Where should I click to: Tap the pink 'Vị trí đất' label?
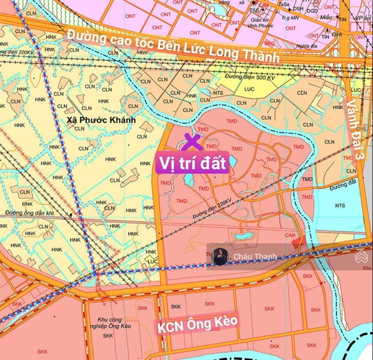(192, 164)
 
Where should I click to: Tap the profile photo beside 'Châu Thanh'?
(221, 256)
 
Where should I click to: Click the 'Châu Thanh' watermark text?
(255, 256)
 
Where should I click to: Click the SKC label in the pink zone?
(269, 43)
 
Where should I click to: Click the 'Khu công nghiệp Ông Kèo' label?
(110, 323)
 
